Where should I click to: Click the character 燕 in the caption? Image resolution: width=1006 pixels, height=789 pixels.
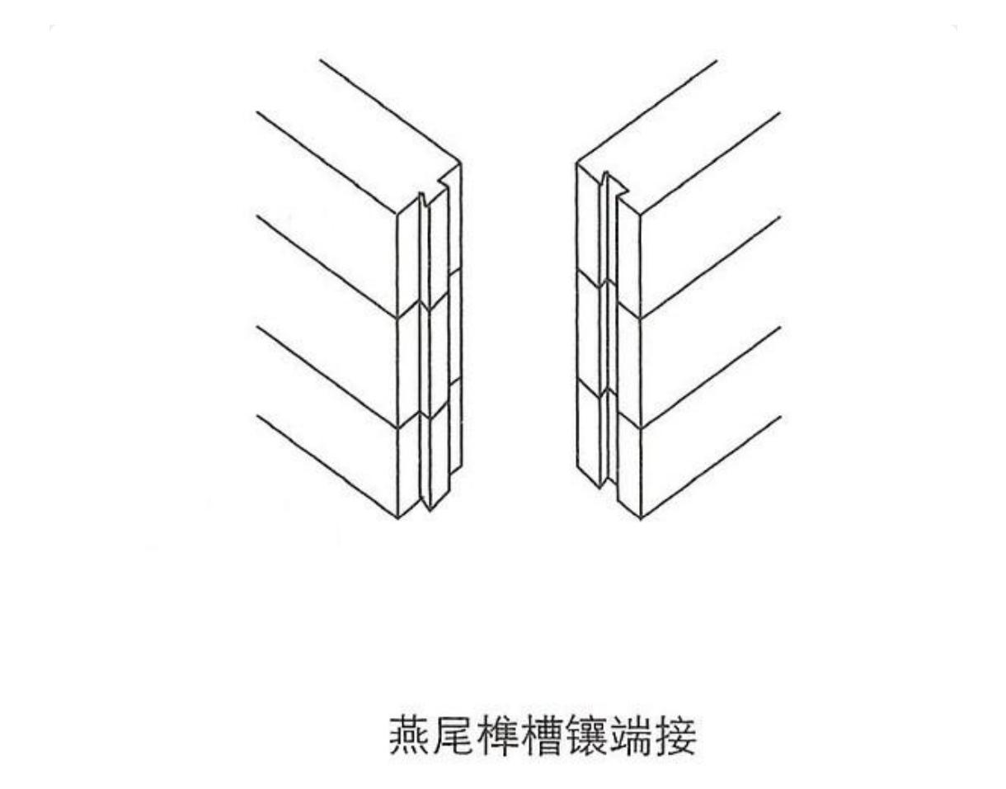[410, 736]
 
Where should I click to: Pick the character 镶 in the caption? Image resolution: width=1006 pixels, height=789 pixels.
[588, 736]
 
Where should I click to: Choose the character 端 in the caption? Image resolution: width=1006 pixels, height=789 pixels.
[632, 736]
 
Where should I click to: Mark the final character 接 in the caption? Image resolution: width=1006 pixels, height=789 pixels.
[677, 736]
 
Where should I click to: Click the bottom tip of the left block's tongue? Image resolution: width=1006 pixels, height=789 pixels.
[426, 506]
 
